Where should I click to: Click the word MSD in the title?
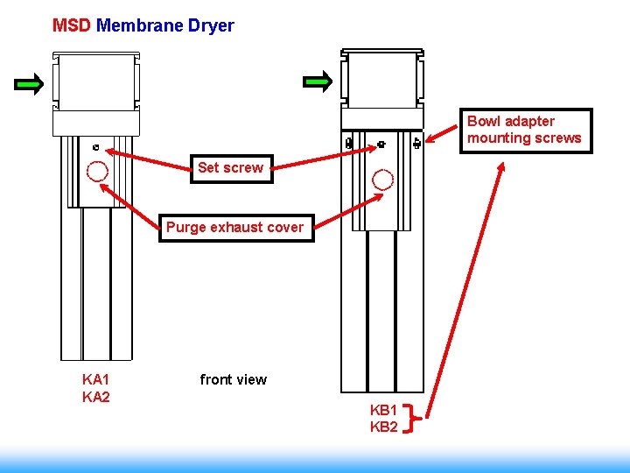coord(71,25)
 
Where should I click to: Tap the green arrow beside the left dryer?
coord(29,85)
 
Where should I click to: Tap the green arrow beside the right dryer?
coord(318,83)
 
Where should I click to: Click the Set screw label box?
coord(230,167)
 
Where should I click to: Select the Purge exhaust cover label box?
coord(234,227)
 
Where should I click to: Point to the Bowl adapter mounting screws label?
coord(525,130)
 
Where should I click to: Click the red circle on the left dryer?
coord(97,171)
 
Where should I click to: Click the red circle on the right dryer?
coord(382,180)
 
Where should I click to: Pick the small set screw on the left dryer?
coord(95,147)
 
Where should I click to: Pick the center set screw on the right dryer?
coord(381,143)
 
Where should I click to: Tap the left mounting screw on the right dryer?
coord(349,143)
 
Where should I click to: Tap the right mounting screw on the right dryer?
coord(416,143)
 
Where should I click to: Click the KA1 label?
coord(95,379)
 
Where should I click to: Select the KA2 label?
coord(95,397)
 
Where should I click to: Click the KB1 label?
coord(384,410)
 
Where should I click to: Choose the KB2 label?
coord(384,427)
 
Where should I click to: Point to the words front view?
coord(233,379)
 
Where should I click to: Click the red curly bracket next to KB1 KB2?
coord(416,419)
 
